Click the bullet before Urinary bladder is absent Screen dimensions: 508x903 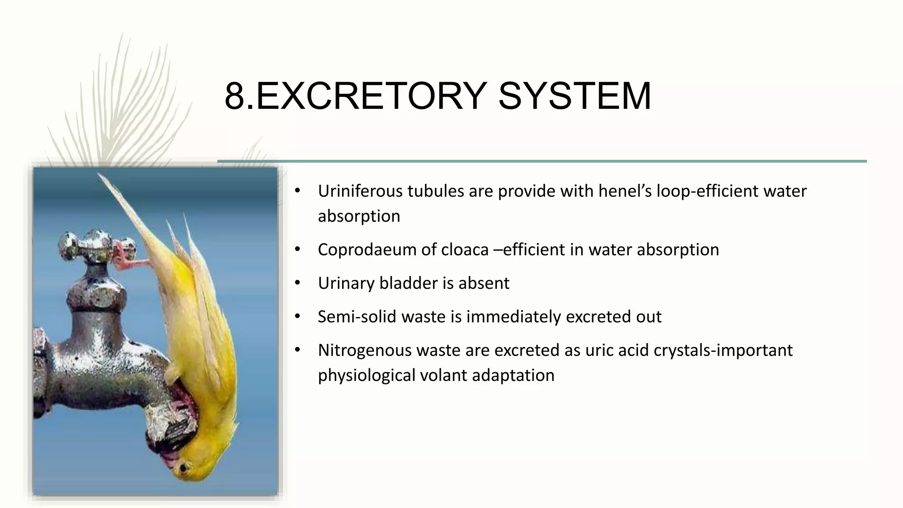pos(298,283)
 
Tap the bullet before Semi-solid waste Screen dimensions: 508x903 pos(298,317)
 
